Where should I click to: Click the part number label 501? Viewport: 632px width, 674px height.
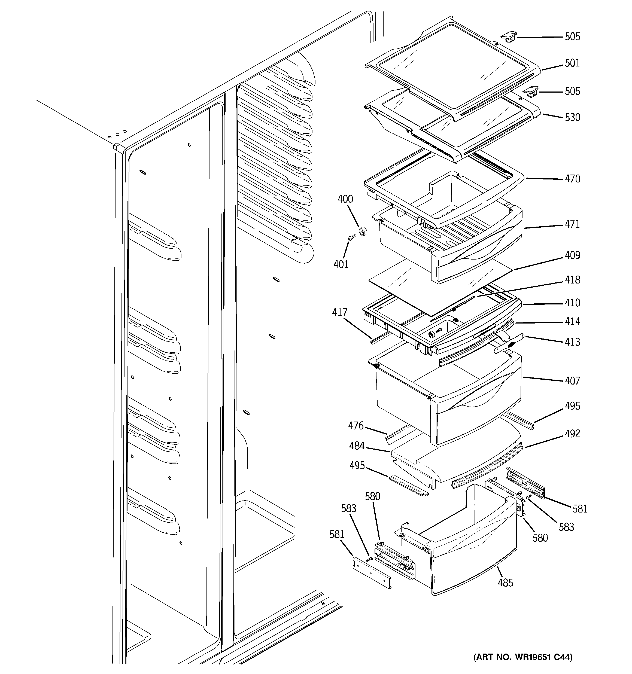click(572, 63)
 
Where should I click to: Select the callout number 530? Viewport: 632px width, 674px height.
click(572, 117)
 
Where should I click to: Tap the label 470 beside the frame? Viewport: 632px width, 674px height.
click(572, 179)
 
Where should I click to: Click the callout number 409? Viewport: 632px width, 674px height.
click(572, 255)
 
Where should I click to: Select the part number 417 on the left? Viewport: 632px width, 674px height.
click(340, 312)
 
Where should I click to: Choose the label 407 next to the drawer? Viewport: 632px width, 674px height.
click(572, 381)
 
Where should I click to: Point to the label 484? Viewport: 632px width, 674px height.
click(357, 446)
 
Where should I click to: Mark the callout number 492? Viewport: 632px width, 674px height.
click(572, 434)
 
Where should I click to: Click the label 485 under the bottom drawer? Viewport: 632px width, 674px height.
click(505, 583)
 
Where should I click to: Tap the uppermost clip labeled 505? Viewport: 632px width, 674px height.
click(509, 36)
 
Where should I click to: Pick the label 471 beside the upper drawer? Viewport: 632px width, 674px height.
click(572, 224)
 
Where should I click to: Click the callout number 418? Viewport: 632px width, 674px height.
click(572, 280)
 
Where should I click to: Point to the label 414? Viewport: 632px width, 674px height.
click(572, 321)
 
